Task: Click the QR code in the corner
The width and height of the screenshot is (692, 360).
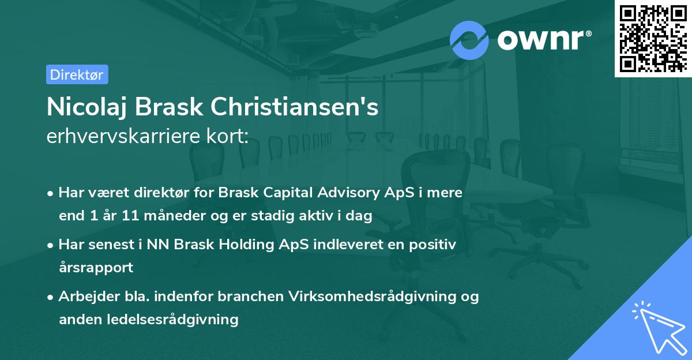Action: (653, 38)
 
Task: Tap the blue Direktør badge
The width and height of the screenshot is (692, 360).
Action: (77, 74)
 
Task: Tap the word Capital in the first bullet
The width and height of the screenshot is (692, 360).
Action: (275, 193)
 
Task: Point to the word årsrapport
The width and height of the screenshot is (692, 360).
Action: (96, 268)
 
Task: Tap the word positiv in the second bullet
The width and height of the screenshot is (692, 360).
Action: (435, 245)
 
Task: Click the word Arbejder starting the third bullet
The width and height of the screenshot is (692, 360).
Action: (86, 297)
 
